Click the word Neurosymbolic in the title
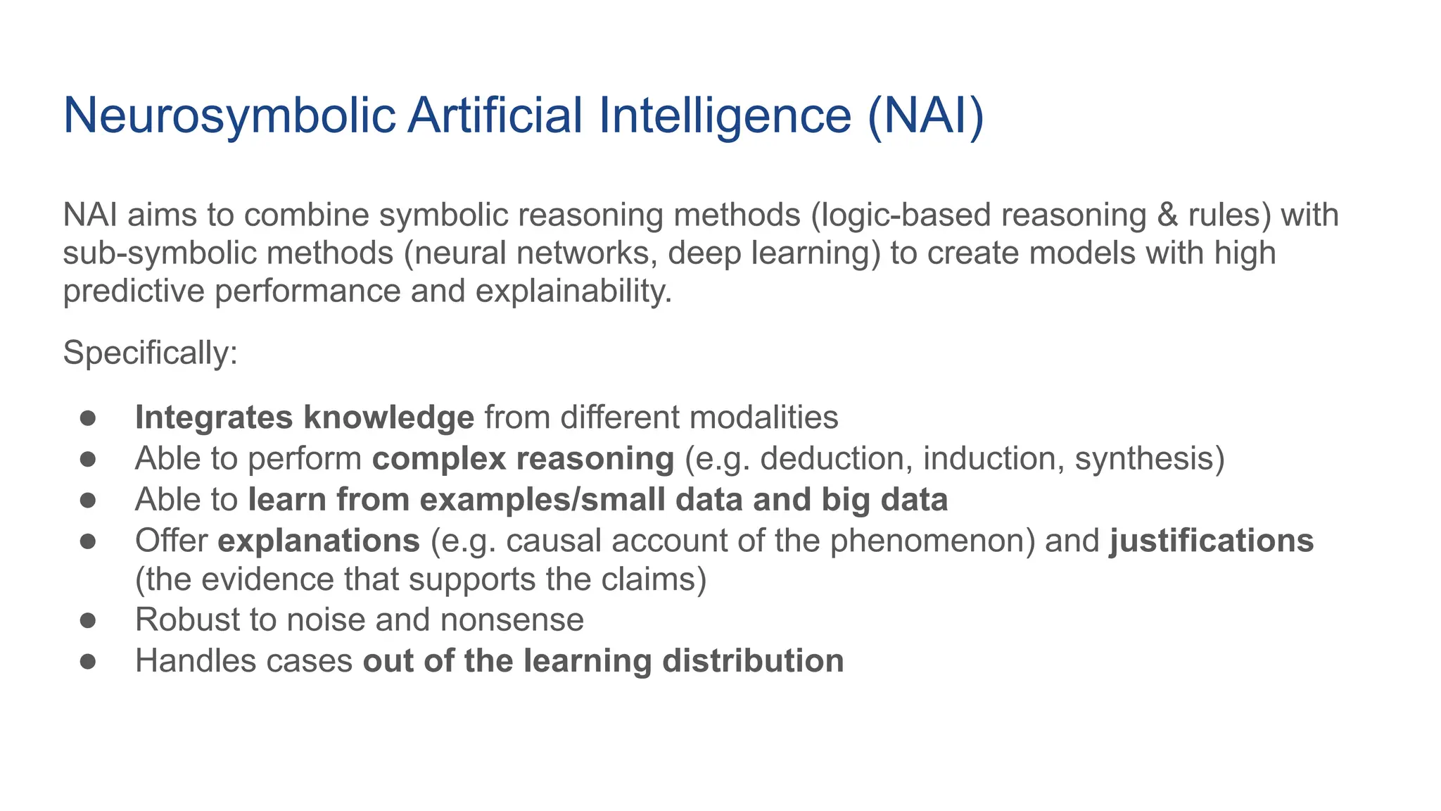[229, 115]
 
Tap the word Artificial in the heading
[495, 115]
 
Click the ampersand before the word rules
[1167, 215]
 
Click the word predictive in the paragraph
[134, 291]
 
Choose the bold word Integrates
[214, 417]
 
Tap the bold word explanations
[319, 541]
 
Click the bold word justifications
[1211, 541]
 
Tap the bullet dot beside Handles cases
[87, 661]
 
